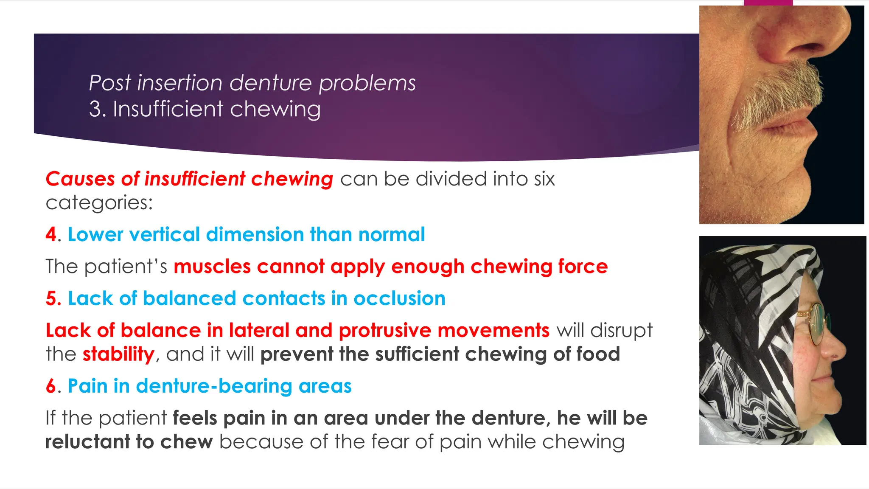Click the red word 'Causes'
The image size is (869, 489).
[x=80, y=179]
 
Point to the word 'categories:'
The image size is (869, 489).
[x=99, y=203]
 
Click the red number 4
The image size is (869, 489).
[x=51, y=235]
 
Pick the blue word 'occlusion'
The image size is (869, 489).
[x=399, y=299]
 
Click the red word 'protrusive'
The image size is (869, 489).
[x=384, y=331]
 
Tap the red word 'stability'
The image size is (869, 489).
[x=118, y=354]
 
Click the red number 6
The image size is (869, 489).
[x=51, y=386]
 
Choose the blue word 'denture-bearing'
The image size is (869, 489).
[x=214, y=386]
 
